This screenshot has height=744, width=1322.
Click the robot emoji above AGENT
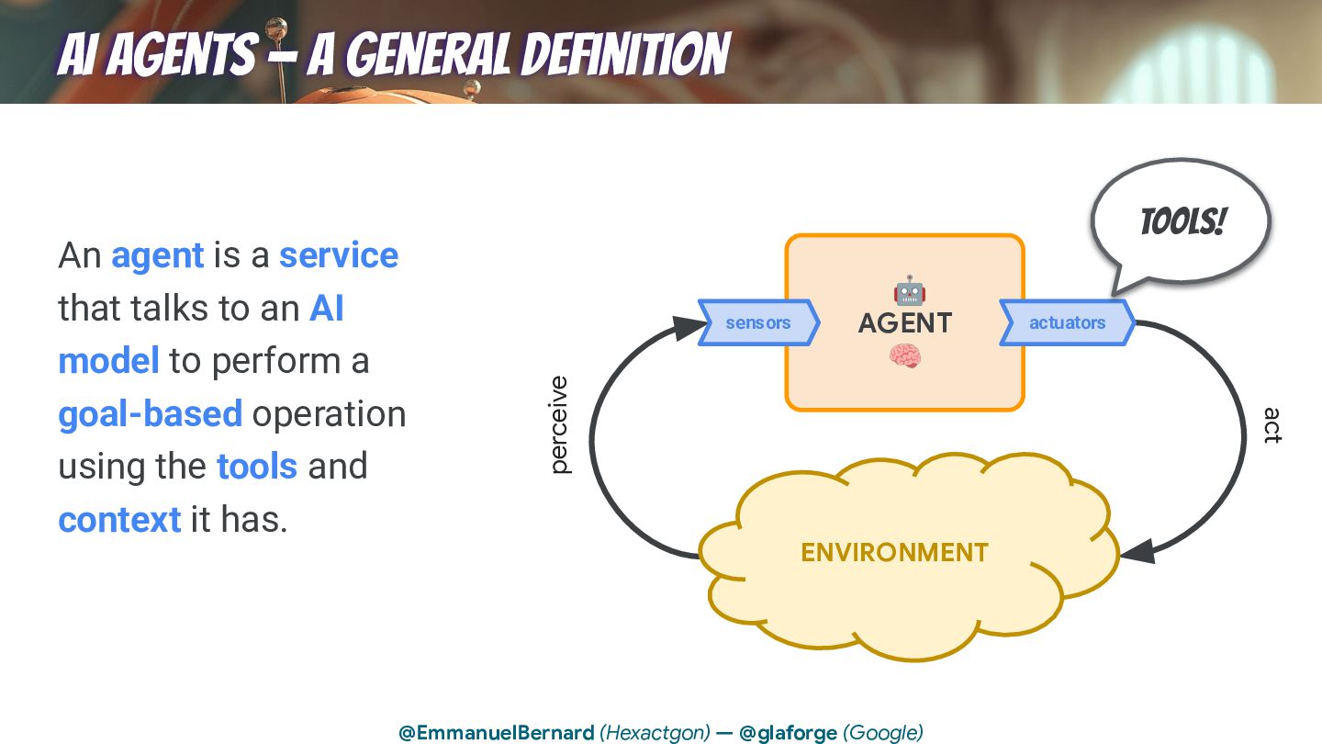coord(909,291)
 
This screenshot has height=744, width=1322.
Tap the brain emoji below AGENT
coord(904,356)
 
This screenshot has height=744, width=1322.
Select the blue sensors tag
coord(758,322)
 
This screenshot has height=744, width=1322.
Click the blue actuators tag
coord(1067,322)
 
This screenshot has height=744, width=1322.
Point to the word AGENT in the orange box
coord(905,323)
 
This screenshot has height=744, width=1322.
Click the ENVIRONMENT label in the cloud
coord(894,552)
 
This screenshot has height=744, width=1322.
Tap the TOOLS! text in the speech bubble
coord(1182,221)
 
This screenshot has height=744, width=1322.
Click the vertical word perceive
coord(558,424)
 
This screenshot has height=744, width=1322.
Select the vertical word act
coord(1272,425)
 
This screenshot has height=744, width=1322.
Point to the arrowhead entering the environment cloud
coord(1137,551)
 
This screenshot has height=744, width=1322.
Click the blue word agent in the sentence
coord(157,255)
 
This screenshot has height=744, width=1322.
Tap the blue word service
coord(338,255)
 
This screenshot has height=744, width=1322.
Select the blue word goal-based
coord(150,414)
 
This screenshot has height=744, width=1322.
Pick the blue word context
coord(119,520)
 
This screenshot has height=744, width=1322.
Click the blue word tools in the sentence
coord(256,467)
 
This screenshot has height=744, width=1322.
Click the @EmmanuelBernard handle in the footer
coord(496,733)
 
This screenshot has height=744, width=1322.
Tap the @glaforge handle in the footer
coord(788,733)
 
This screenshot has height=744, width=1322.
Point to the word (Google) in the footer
coord(883,733)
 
